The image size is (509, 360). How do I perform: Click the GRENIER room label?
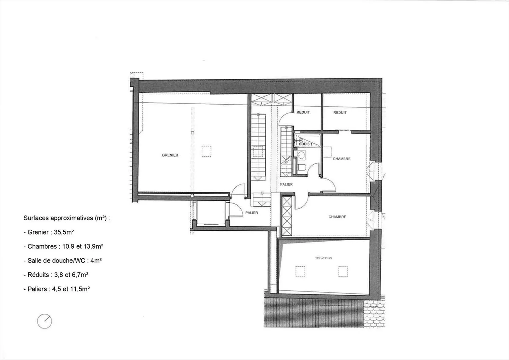click(170, 155)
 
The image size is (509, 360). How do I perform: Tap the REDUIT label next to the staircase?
click(303, 112)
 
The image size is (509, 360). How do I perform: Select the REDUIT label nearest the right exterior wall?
click(340, 113)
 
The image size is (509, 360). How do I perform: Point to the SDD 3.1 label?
click(306, 144)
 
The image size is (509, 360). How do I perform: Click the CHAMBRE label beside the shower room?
click(341, 159)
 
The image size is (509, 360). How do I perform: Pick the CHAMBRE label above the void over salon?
click(337, 217)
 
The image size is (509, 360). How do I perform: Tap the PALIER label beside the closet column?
click(286, 184)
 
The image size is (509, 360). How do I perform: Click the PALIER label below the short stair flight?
click(252, 213)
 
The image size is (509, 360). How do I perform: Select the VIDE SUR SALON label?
click(323, 258)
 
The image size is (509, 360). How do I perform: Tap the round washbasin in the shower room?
click(301, 154)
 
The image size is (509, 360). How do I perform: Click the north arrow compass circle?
click(45, 321)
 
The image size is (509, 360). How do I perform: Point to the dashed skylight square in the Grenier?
click(206, 151)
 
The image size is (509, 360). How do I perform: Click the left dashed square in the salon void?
click(300, 271)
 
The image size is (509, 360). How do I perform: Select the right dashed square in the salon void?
click(343, 271)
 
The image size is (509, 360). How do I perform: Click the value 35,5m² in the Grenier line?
click(64, 232)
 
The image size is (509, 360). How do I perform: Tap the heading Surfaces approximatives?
click(66, 218)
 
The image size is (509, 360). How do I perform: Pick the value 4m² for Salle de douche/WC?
click(96, 261)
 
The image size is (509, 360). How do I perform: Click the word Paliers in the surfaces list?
click(37, 289)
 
